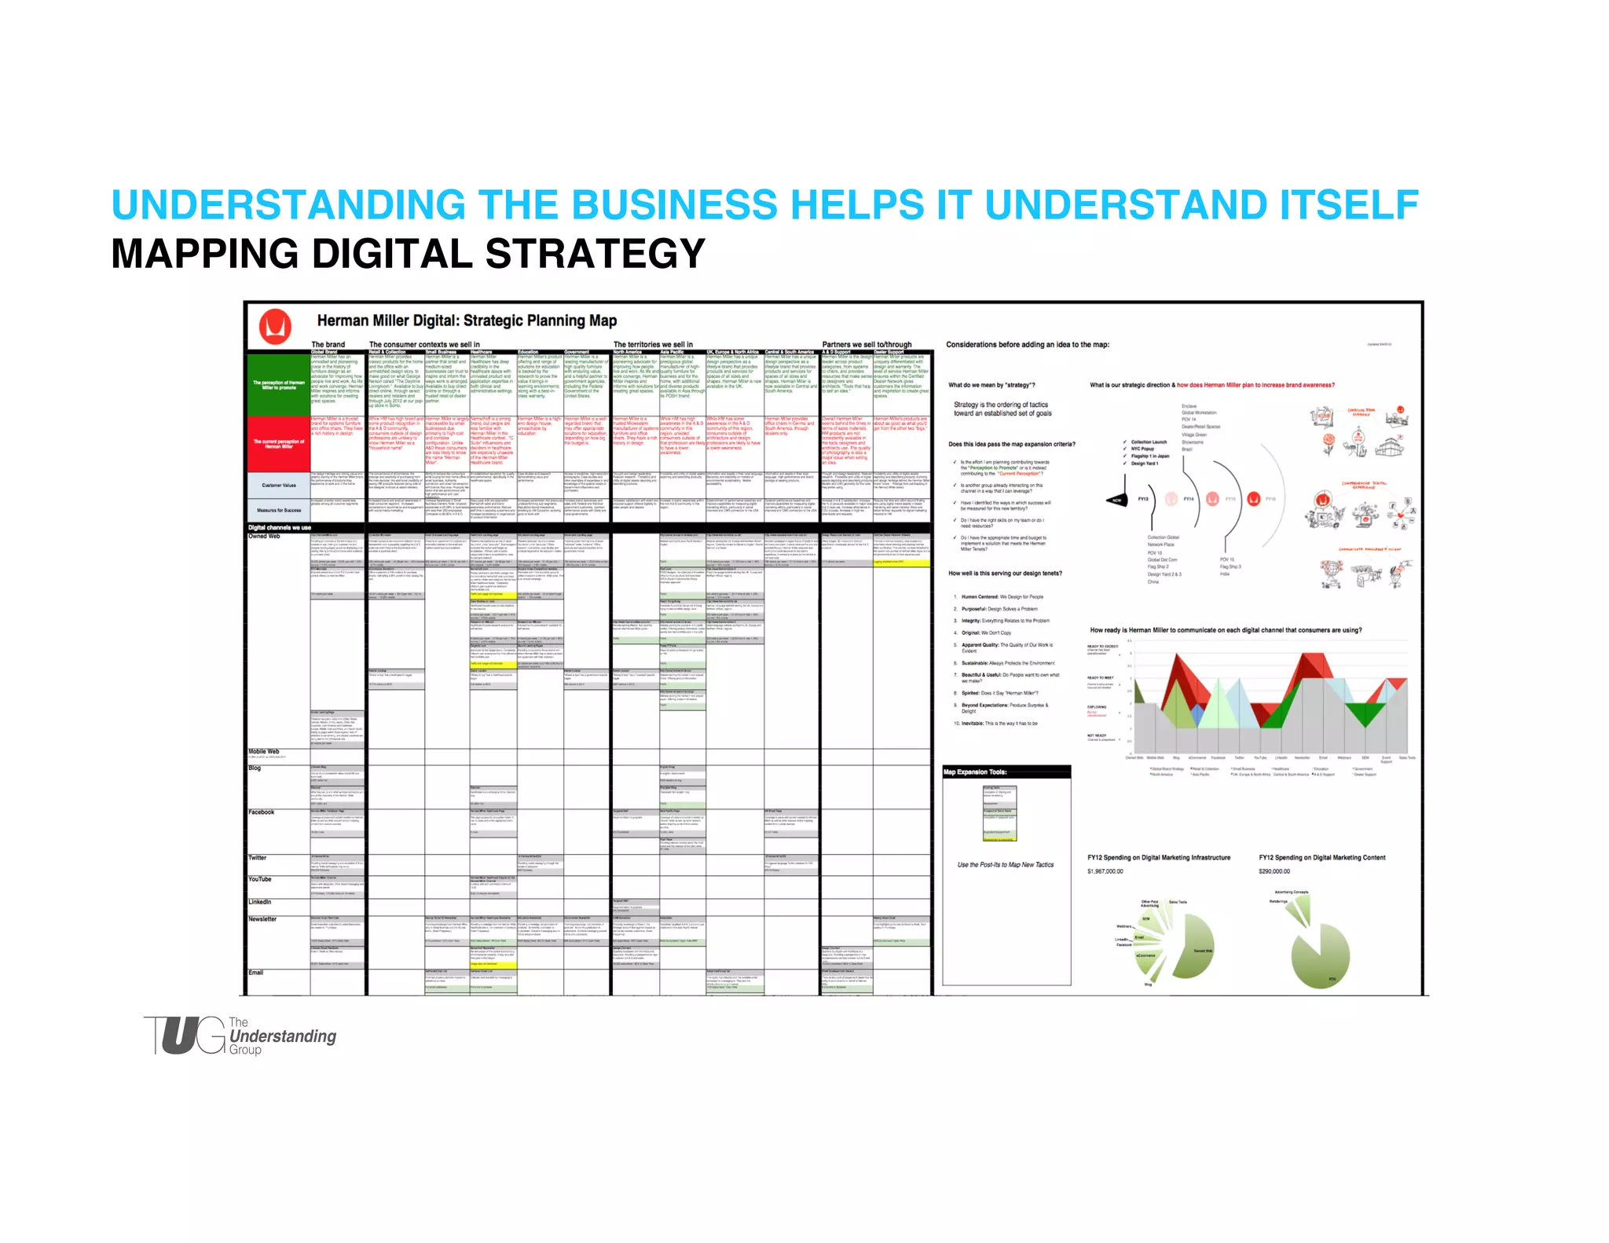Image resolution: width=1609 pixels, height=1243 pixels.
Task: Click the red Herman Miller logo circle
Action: coord(275,326)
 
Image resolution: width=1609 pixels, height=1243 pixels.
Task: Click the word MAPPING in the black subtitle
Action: coord(204,254)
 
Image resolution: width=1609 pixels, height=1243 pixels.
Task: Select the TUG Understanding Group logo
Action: coord(240,1036)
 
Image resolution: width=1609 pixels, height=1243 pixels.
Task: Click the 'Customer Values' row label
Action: coord(279,485)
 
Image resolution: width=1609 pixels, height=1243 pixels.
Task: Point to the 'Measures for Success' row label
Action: coord(279,510)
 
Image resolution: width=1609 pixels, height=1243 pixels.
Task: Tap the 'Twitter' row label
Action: coord(258,858)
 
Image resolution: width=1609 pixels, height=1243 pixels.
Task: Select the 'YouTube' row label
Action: coord(260,879)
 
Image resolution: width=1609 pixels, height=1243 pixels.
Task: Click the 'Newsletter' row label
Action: coord(262,918)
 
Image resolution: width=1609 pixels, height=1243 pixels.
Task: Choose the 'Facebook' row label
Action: coord(262,812)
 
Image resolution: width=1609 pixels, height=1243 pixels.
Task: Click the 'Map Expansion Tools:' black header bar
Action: coord(1006,772)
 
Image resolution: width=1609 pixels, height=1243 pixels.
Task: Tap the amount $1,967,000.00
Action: coord(1105,871)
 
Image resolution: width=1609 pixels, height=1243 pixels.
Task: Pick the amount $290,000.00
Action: coord(1274,871)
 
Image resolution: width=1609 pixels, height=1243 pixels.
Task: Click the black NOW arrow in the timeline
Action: coord(1116,500)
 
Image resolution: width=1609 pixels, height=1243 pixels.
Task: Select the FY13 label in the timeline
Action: coord(1143,499)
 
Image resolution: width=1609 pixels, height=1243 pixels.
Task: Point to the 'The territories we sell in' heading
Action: coord(653,344)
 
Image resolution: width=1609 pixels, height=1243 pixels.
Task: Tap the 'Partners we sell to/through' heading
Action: coord(867,344)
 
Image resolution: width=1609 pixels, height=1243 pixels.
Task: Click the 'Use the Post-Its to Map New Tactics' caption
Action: coord(1006,864)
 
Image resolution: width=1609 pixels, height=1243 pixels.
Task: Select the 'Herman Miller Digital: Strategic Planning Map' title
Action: coord(467,321)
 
